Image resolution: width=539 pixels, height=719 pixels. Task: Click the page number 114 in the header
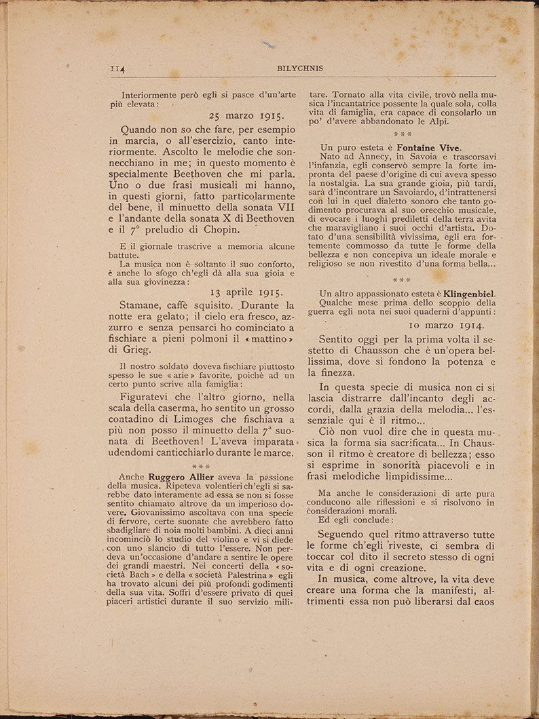coord(119,69)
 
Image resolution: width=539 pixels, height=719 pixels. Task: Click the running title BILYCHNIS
coord(300,69)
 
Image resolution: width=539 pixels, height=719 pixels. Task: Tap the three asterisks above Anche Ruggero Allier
coord(202,466)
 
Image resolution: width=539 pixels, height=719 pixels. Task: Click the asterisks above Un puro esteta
coord(402,134)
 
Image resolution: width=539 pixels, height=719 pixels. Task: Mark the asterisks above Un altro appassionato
coord(402,279)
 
